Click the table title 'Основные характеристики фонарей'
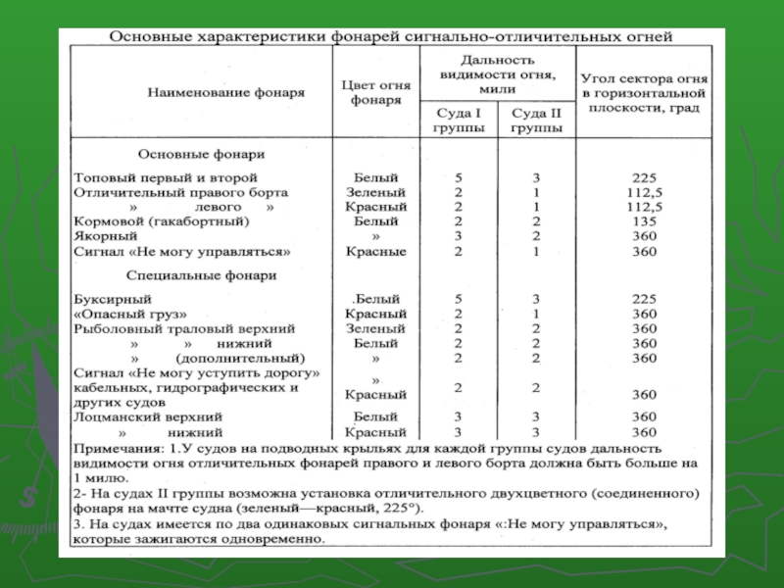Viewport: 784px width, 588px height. (391, 37)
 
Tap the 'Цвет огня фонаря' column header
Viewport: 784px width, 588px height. (375, 92)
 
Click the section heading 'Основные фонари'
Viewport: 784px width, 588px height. (201, 154)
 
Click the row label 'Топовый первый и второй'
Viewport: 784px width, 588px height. (165, 178)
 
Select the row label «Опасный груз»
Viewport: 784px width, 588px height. (130, 314)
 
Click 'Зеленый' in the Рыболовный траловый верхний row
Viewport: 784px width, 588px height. (375, 329)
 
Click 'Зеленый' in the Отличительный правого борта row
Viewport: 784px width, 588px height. (375, 193)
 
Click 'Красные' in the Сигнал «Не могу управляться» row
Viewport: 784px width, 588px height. (375, 252)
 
